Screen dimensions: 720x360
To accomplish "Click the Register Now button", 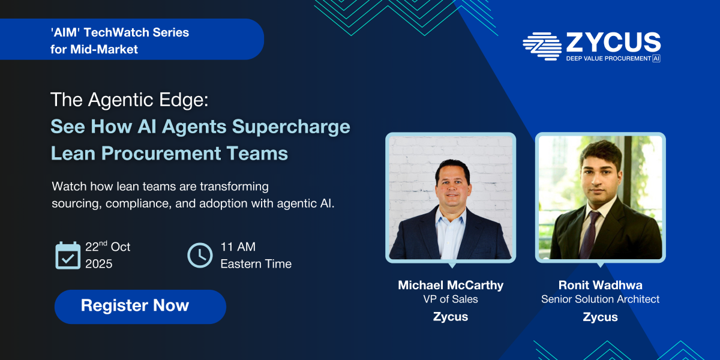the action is click(x=140, y=307).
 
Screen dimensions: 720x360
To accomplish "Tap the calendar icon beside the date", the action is click(x=68, y=256).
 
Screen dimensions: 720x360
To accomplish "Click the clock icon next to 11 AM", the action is click(x=200, y=255).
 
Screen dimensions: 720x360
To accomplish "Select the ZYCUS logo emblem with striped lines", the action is click(x=542, y=46).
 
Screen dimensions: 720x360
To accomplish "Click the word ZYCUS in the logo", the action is click(x=613, y=42).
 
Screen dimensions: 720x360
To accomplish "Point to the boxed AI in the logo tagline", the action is click(x=656, y=59).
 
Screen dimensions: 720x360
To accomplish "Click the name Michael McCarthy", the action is click(x=451, y=285).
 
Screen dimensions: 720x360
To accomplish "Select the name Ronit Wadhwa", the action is click(x=600, y=285).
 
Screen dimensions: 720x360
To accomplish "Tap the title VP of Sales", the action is click(x=451, y=299).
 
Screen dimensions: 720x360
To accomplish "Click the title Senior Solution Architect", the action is click(x=600, y=299).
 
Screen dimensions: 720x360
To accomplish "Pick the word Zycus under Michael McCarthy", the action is click(x=451, y=317).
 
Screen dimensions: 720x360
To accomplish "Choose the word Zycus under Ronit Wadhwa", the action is click(x=600, y=317).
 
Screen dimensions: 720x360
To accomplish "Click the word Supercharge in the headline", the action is click(x=291, y=127).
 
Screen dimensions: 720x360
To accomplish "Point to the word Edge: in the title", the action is click(x=184, y=100).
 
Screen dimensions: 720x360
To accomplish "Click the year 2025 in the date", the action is click(x=98, y=264).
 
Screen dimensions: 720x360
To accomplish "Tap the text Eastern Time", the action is click(x=256, y=264).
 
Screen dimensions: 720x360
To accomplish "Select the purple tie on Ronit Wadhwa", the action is click(x=589, y=235).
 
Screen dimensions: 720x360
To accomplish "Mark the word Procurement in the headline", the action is click(x=161, y=154).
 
